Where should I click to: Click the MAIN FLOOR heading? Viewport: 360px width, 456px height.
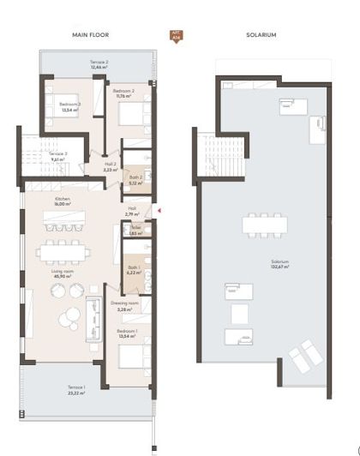point(88,35)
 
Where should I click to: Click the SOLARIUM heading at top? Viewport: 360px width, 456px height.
point(261,35)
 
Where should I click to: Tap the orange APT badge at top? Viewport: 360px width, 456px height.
point(176,37)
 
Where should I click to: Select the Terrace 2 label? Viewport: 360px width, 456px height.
point(99,64)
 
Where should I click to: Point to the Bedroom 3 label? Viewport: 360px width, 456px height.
point(69,107)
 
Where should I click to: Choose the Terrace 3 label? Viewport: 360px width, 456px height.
point(57,156)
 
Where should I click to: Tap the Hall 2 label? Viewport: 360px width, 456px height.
point(110,167)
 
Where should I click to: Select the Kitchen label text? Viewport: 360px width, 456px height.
point(63,202)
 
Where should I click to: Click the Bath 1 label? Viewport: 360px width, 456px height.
point(134,272)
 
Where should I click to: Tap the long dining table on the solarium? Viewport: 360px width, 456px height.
point(264,225)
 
